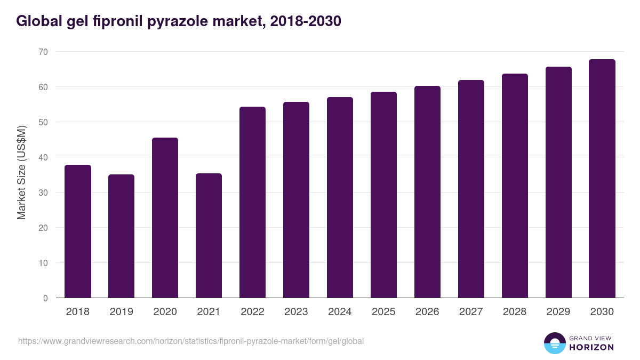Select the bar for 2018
click(x=78, y=231)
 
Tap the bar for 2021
click(x=209, y=236)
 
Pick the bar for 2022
click(x=253, y=202)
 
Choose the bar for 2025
click(x=384, y=195)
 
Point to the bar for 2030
click(x=602, y=179)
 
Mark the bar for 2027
click(x=471, y=189)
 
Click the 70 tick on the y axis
click(x=43, y=52)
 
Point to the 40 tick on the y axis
click(x=43, y=157)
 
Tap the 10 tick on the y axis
click(x=43, y=263)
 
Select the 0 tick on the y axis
click(x=45, y=298)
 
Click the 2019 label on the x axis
click(x=122, y=312)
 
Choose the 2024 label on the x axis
click(x=340, y=312)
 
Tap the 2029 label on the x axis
click(x=558, y=312)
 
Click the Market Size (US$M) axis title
click(x=21, y=172)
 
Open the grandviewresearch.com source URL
click(x=191, y=341)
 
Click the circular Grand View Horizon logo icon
click(x=555, y=343)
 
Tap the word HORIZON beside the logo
click(x=592, y=347)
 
